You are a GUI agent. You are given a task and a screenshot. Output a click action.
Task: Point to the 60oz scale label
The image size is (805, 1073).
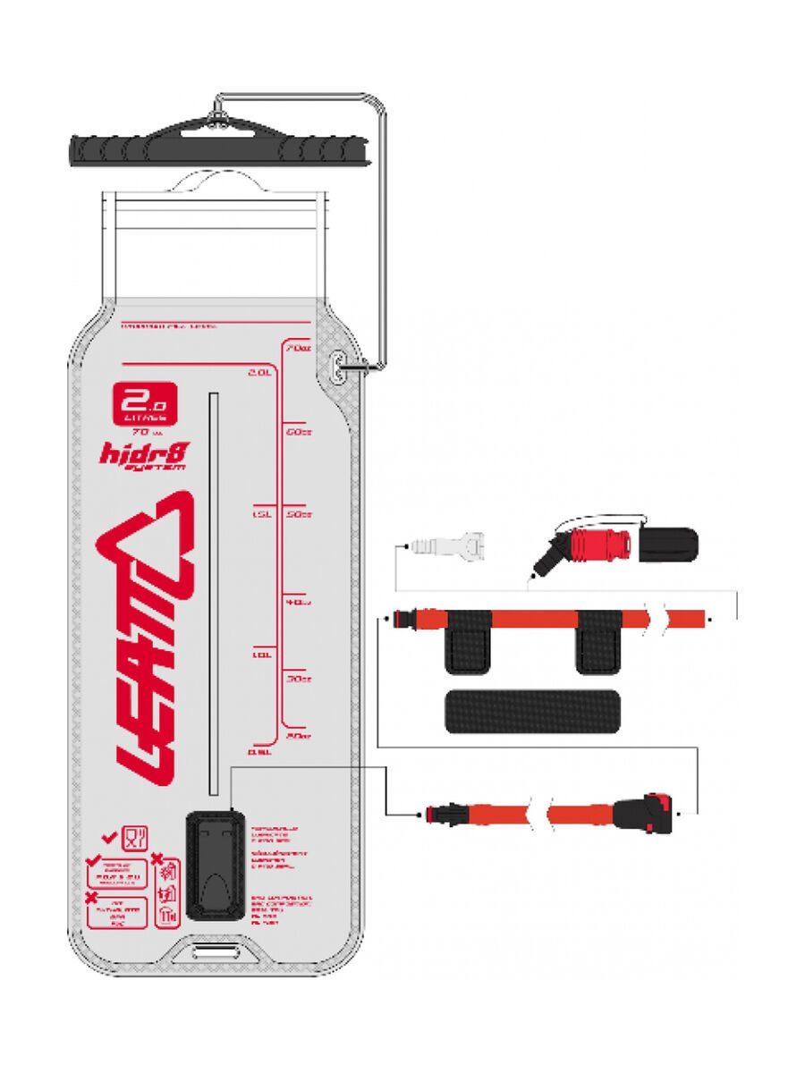tap(298, 430)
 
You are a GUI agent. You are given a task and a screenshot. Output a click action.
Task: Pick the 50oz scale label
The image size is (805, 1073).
tap(298, 515)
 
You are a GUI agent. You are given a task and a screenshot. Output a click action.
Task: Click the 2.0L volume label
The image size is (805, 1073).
tap(260, 372)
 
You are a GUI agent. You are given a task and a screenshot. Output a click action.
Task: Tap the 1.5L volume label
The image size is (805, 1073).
tap(261, 515)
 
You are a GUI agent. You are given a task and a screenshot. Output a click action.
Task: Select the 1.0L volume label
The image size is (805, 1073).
tap(262, 655)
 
